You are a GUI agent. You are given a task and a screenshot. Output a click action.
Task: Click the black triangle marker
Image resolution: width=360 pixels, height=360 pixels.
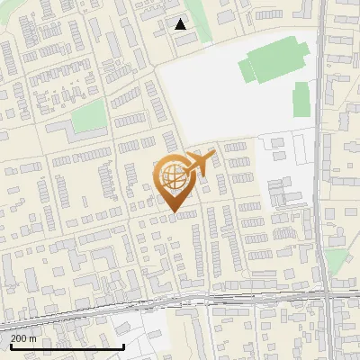[x=180, y=24]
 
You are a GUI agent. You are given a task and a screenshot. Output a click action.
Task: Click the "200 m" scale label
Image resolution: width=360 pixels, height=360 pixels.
[x=23, y=338]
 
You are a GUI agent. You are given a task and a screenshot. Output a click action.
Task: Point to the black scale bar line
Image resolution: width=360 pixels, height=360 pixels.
[x=63, y=346]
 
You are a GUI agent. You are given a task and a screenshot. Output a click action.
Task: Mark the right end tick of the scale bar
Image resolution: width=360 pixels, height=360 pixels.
[x=123, y=345]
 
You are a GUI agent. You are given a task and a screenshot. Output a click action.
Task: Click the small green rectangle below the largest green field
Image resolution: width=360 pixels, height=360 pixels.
[x=302, y=99]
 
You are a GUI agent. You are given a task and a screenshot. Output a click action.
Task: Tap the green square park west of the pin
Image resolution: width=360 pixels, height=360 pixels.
[x=88, y=115]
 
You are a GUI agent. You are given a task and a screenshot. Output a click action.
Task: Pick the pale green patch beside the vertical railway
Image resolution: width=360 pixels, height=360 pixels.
[x=335, y=262]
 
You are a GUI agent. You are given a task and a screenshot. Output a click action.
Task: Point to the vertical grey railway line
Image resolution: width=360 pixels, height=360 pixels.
[x=322, y=135]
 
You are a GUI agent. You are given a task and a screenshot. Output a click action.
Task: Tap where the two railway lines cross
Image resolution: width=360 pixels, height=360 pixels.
[x=329, y=294]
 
